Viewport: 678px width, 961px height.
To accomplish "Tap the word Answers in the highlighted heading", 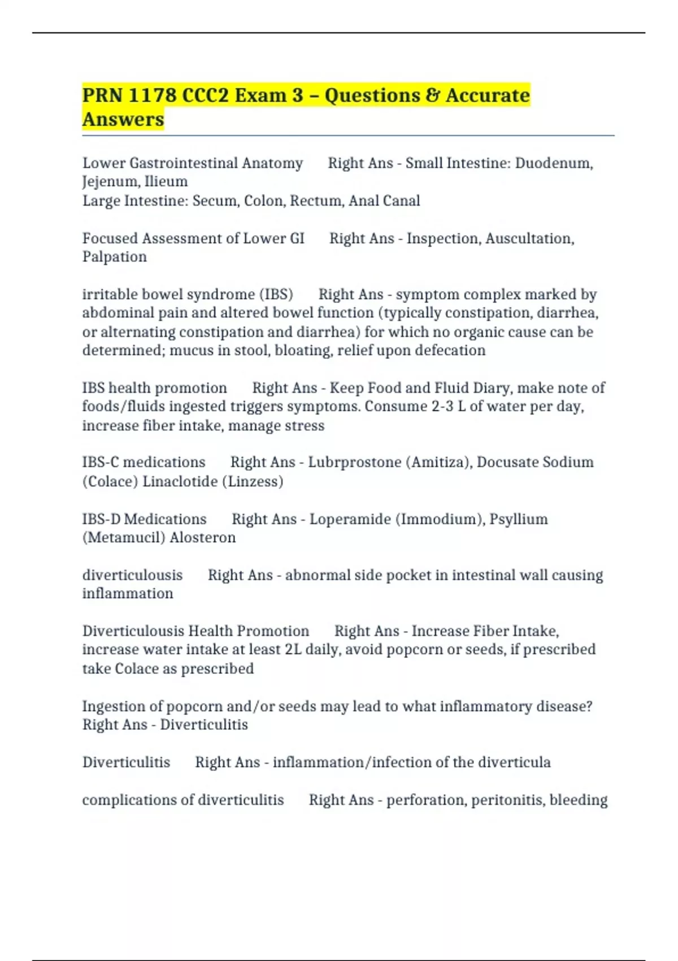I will pos(123,120).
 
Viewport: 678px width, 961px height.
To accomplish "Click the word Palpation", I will pos(115,257).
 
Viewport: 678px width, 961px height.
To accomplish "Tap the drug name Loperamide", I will pos(350,519).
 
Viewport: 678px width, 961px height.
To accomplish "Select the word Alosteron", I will pos(202,538).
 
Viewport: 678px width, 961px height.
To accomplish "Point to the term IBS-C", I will pos(101,462).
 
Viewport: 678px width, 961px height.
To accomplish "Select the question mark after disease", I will pos(589,707).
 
